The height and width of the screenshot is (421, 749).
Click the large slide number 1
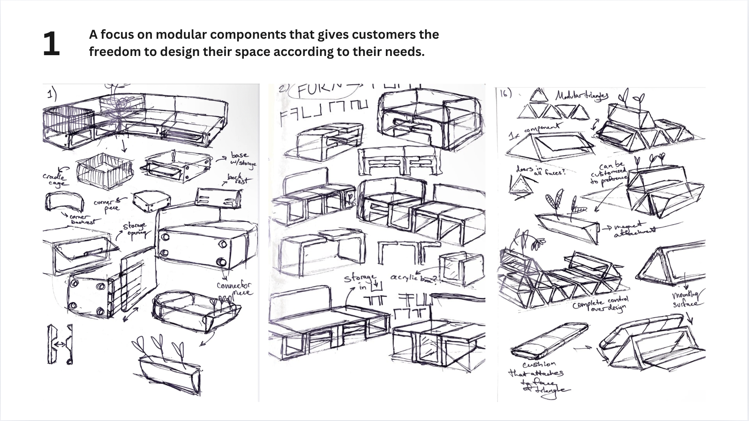(x=51, y=44)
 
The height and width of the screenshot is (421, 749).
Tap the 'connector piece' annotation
(x=235, y=289)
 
